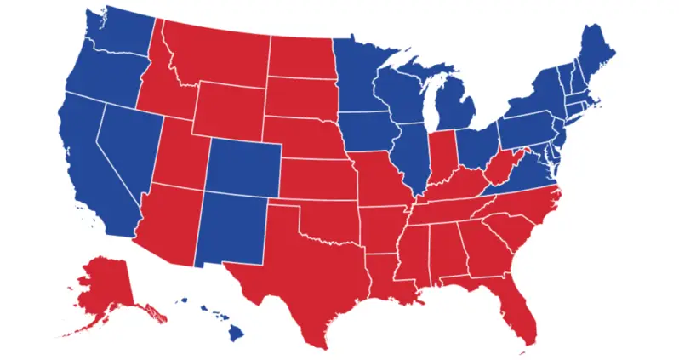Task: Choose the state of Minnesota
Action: [362, 72]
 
